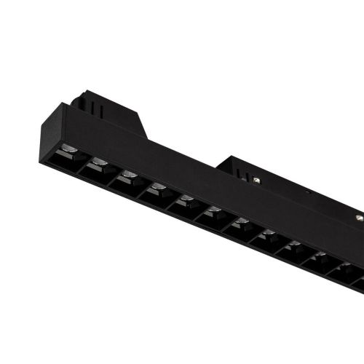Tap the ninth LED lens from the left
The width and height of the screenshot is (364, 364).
[x=293, y=246]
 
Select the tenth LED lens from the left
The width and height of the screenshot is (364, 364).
[x=319, y=256]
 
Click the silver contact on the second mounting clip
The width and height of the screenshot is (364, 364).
[x=258, y=179]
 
